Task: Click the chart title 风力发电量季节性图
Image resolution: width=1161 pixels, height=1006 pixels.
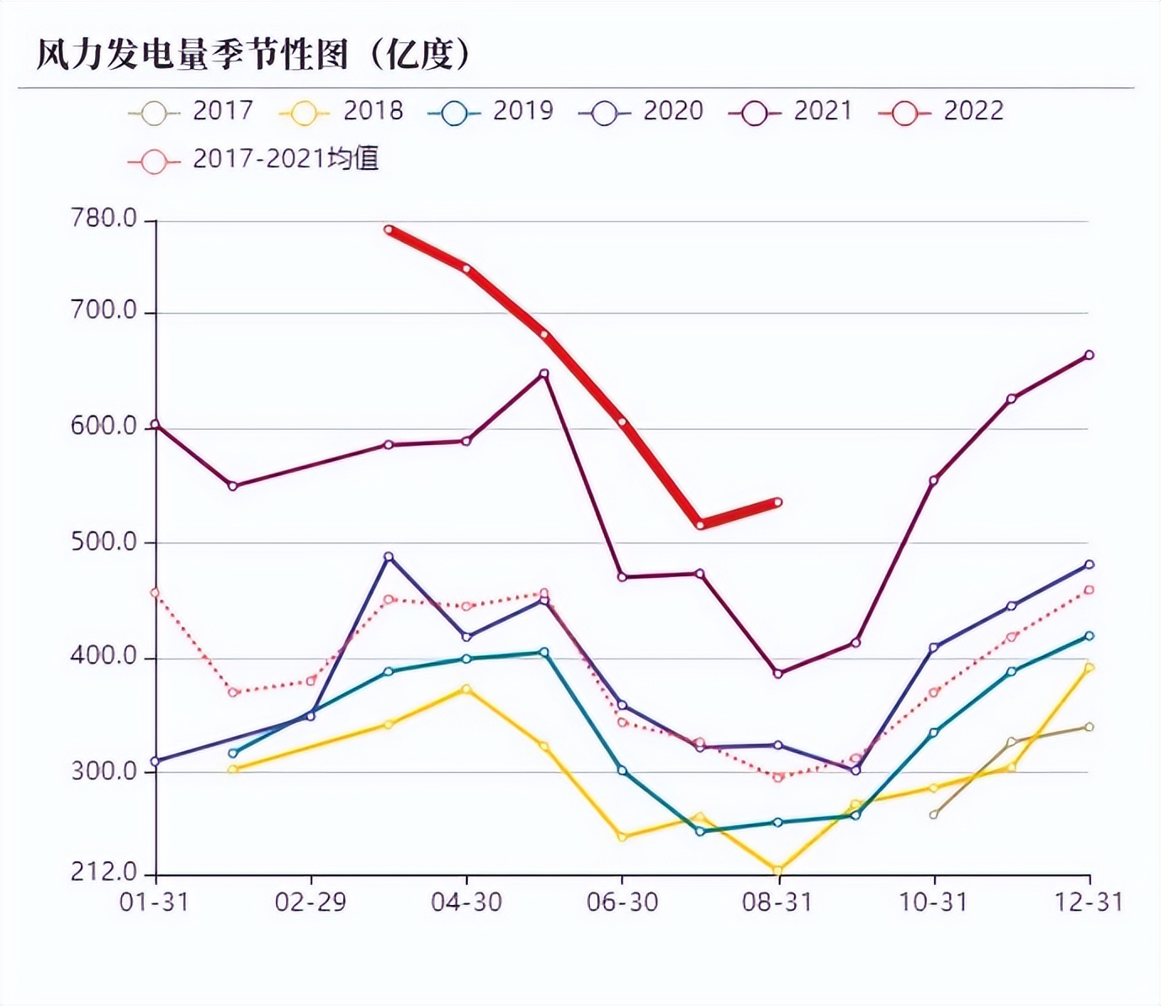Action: click(x=252, y=55)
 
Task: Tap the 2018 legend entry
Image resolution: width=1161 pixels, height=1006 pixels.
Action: click(x=342, y=111)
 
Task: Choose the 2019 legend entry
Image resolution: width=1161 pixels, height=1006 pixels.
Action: click(x=491, y=111)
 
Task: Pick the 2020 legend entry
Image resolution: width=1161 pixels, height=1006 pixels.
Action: click(x=642, y=111)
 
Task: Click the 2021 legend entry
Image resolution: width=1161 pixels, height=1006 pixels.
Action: click(x=792, y=111)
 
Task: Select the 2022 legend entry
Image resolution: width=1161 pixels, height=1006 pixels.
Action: click(x=941, y=111)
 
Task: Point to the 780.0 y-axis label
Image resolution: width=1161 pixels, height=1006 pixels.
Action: click(x=104, y=219)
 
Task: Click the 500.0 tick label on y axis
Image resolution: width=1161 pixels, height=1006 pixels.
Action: click(x=104, y=542)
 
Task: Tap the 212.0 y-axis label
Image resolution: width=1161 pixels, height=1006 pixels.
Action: click(x=104, y=872)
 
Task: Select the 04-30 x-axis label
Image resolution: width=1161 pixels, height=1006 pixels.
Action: click(x=466, y=903)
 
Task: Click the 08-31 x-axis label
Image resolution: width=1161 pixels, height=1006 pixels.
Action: click(x=777, y=903)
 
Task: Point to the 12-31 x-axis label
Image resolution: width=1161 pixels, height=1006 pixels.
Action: click(x=1089, y=903)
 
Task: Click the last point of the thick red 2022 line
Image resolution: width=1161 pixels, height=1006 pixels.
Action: click(x=777, y=502)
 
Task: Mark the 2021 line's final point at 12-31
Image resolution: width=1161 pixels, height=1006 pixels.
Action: click(x=1089, y=355)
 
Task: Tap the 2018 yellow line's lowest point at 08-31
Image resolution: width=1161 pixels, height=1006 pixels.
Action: click(x=777, y=871)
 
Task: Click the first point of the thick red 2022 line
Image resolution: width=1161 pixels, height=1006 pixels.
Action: click(x=389, y=230)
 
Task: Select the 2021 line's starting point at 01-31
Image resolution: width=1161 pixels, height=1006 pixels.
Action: click(x=156, y=425)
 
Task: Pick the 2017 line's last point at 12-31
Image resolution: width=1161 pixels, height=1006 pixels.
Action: click(x=1089, y=727)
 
